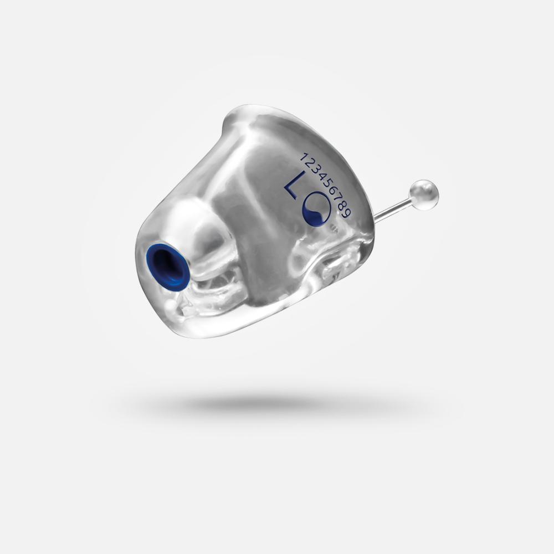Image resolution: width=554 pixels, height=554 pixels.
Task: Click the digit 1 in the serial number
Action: tap(304, 157)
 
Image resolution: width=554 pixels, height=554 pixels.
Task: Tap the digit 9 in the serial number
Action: tap(347, 213)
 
